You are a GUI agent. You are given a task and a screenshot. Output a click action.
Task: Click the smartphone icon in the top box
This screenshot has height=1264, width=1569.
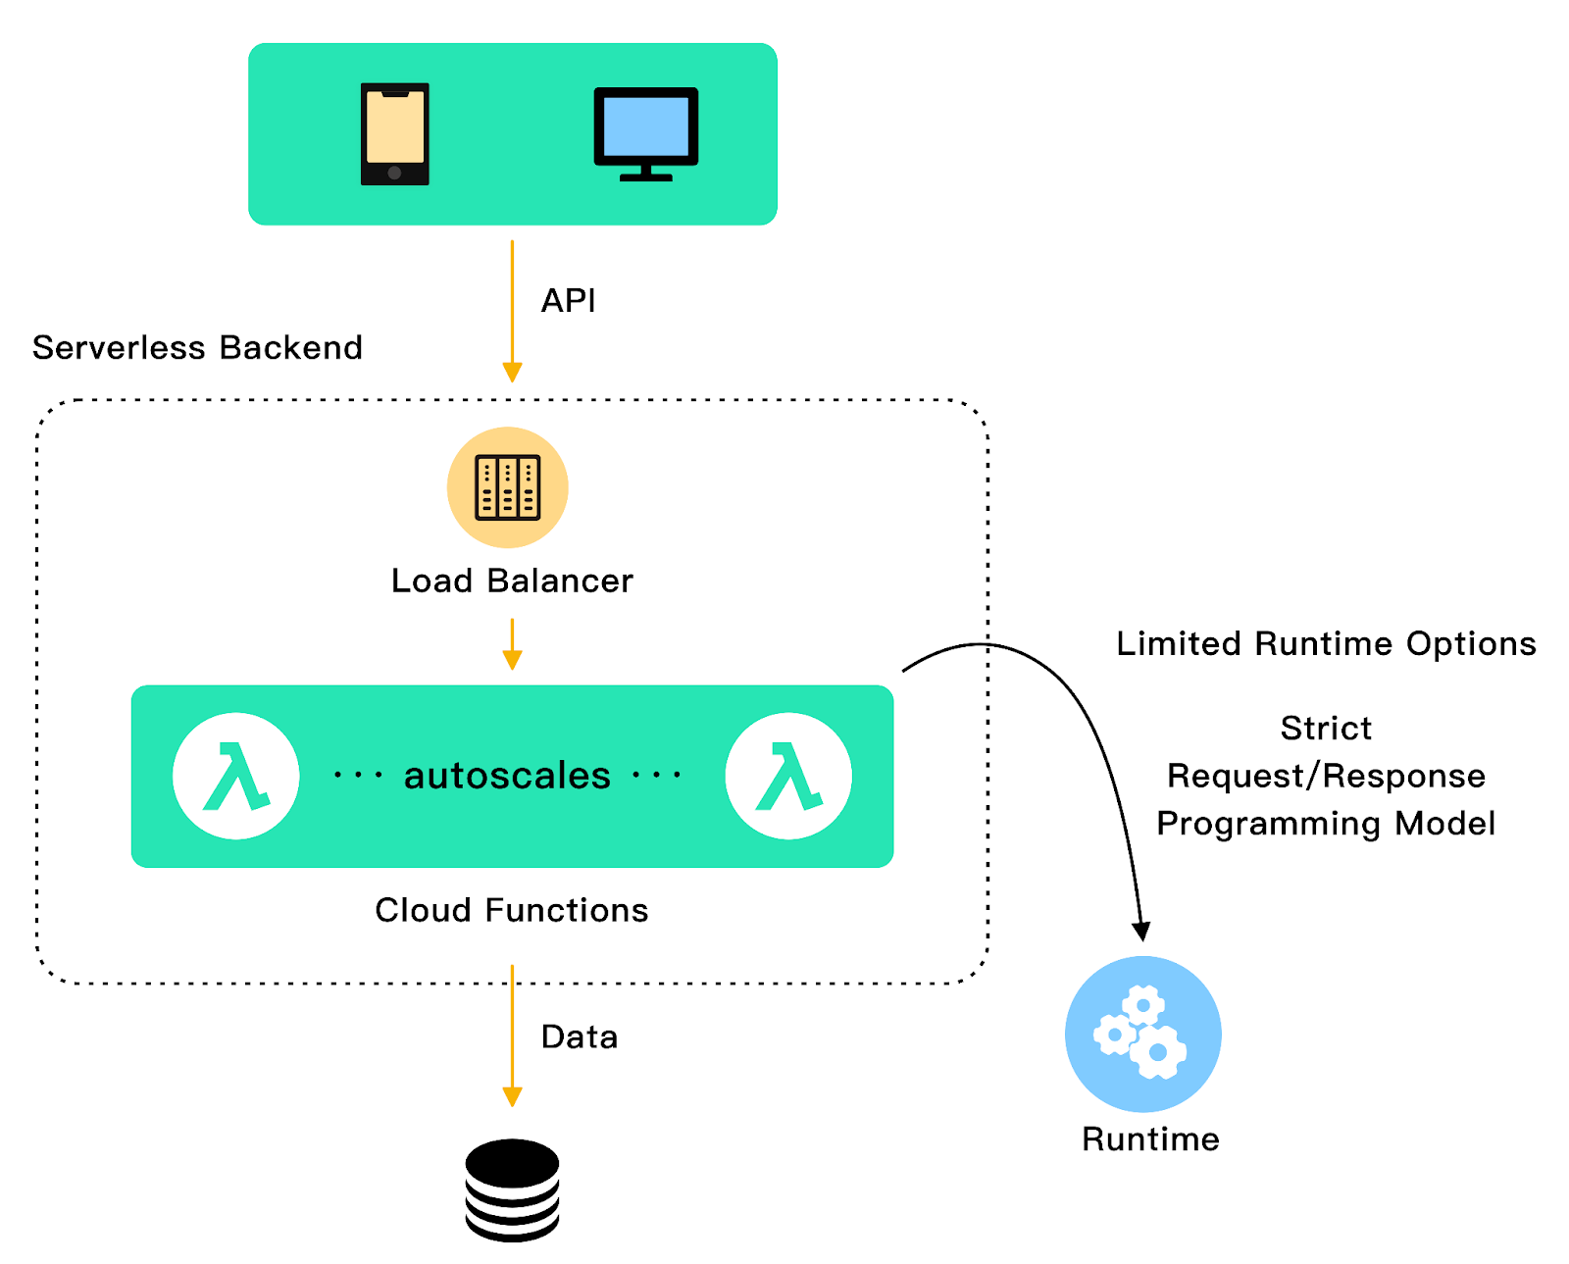(394, 134)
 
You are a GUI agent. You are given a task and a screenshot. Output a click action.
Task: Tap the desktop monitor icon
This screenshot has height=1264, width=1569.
(645, 132)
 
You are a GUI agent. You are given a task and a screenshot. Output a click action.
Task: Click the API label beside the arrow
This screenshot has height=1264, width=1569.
(568, 300)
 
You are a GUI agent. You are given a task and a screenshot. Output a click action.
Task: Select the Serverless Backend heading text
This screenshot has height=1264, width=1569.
(197, 347)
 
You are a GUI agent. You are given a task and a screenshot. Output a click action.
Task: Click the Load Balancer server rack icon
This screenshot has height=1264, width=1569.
(507, 487)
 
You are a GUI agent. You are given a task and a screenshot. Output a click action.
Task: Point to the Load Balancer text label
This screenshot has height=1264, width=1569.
(511, 581)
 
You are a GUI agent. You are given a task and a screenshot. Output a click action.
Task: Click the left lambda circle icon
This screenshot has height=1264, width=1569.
(236, 776)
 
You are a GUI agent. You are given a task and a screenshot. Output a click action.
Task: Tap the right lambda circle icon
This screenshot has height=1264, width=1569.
(788, 776)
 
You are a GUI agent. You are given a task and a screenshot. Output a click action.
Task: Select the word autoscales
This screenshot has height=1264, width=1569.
(507, 776)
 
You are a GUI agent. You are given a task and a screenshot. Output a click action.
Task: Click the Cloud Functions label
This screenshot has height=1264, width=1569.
(511, 910)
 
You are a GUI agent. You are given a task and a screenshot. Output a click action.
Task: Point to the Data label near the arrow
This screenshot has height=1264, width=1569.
(579, 1036)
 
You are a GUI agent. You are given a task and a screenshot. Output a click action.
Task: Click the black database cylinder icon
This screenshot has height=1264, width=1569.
(512, 1189)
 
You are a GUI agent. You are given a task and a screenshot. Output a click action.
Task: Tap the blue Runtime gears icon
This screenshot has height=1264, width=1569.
(1142, 1034)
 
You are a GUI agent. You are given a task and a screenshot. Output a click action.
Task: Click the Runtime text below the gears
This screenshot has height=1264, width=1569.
(1150, 1138)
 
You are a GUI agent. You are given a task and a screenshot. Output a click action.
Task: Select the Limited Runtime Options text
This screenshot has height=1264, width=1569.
(1326, 643)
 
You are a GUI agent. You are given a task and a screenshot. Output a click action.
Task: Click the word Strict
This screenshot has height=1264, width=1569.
(1326, 728)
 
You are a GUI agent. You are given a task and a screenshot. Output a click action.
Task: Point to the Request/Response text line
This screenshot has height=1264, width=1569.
(1326, 776)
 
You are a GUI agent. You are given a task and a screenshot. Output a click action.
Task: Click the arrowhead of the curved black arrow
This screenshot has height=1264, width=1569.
(1140, 931)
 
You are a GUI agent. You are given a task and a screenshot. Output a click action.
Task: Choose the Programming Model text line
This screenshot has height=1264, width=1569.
(1326, 823)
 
